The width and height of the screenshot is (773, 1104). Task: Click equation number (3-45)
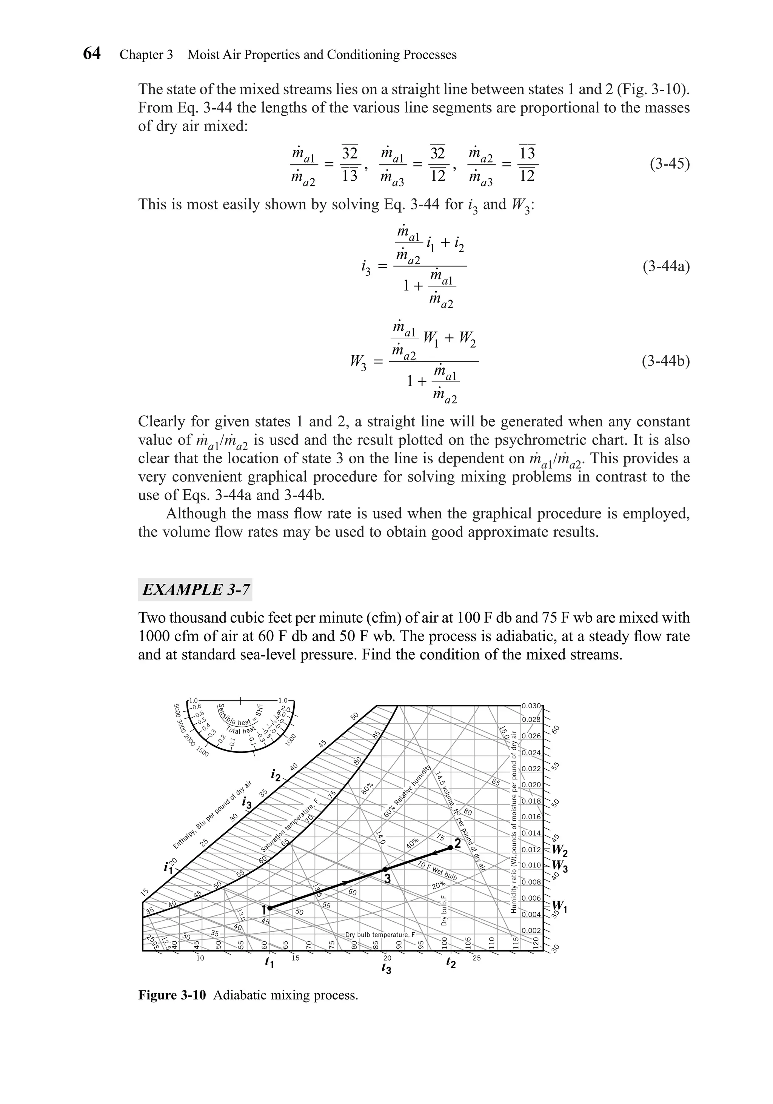(x=670, y=165)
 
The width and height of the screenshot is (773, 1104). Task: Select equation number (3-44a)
(x=666, y=266)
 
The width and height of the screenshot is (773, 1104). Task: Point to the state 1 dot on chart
(x=270, y=908)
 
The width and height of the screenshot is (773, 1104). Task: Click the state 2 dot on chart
(x=450, y=847)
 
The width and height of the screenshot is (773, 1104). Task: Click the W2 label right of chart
(x=559, y=851)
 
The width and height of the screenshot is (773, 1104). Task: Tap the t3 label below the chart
(x=386, y=969)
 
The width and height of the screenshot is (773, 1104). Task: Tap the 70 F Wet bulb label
(x=437, y=871)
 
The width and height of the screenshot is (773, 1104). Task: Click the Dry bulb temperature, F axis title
(x=380, y=935)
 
